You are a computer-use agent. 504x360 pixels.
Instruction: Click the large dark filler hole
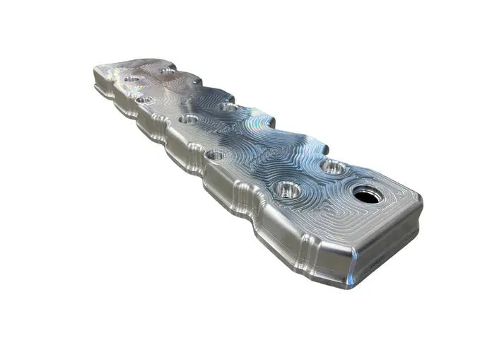pyautogui.click(x=368, y=194)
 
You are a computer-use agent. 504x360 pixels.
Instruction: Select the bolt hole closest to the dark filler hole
pyautogui.click(x=332, y=168)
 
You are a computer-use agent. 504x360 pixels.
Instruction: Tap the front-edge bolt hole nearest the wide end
pyautogui.click(x=287, y=190)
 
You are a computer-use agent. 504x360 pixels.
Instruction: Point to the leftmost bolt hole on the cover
pyautogui.click(x=131, y=79)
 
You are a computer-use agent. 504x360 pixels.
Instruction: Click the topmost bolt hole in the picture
pyautogui.click(x=168, y=71)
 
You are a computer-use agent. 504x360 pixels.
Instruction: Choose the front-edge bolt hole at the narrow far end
pyautogui.click(x=143, y=99)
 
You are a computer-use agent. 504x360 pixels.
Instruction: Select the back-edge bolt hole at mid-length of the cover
pyautogui.click(x=227, y=108)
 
